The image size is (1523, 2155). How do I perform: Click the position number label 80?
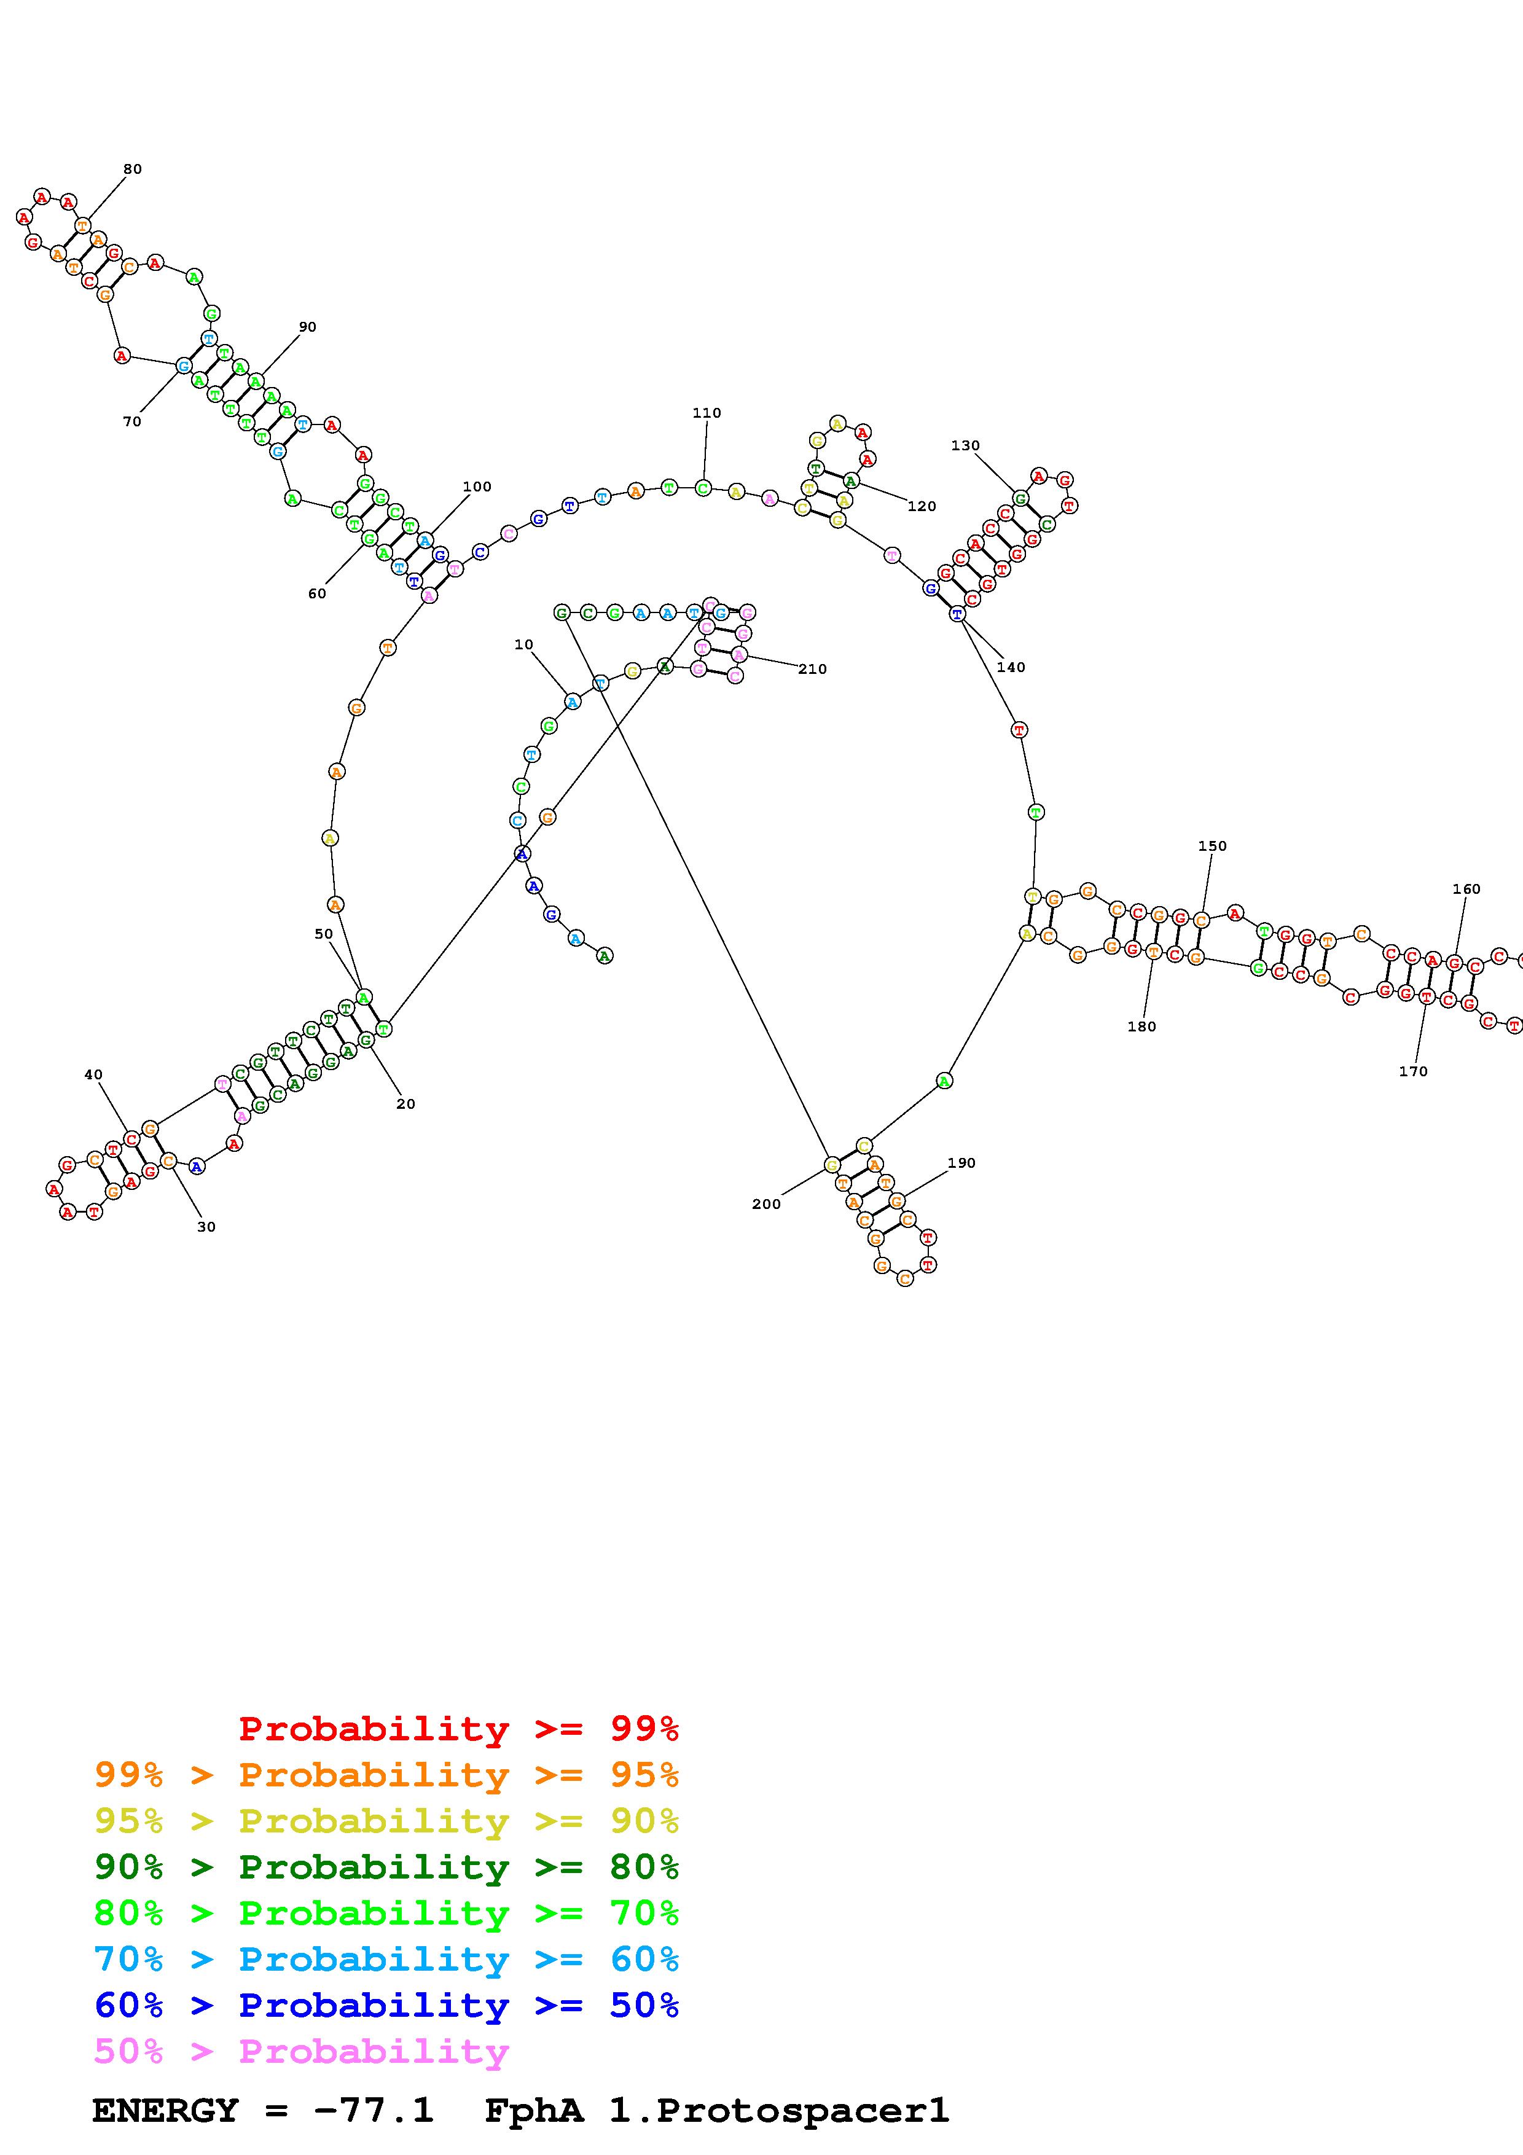[132, 169]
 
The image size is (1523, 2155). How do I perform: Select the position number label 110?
[707, 412]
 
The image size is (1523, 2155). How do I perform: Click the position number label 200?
[765, 1203]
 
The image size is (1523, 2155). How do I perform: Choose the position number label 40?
[93, 1074]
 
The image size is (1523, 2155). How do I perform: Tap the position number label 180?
[1141, 1026]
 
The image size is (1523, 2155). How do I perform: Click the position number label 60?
[317, 593]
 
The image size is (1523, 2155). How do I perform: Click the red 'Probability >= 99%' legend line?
[458, 1728]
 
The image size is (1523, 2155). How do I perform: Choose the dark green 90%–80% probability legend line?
[386, 1867]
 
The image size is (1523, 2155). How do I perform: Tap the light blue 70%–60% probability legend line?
[386, 1959]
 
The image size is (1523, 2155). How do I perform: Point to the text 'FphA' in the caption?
[533, 2110]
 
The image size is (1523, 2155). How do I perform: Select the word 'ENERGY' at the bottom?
[165, 2110]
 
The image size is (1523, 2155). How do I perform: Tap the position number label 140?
[1011, 667]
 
